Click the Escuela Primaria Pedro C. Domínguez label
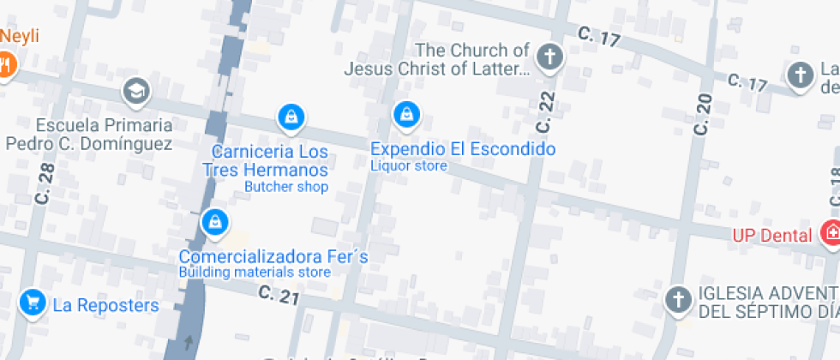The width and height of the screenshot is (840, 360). tap(89, 135)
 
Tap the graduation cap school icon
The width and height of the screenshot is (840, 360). tap(135, 90)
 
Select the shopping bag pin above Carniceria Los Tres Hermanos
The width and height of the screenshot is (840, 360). tap(291, 117)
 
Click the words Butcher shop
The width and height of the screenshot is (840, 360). tap(286, 187)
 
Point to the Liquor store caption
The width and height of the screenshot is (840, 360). tap(408, 165)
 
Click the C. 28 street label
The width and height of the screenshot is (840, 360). tap(45, 184)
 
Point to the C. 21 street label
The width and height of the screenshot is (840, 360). tap(279, 296)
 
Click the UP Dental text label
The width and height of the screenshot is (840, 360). tap(771, 235)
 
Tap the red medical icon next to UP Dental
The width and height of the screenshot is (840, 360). tap(830, 232)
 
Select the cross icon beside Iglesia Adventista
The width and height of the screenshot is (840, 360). tap(678, 300)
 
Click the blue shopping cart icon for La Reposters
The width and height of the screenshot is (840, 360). tap(33, 303)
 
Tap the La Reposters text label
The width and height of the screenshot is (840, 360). tap(106, 305)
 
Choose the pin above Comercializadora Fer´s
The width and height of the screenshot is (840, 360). tap(214, 222)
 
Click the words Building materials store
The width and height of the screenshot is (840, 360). tap(254, 273)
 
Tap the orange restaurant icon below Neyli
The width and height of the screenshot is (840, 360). tap(5, 64)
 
